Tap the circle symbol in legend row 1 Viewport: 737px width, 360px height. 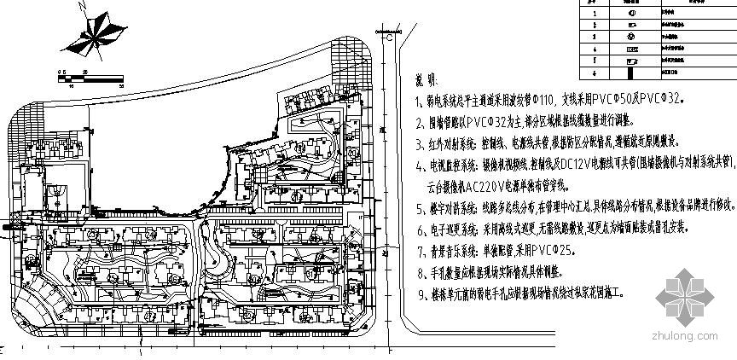click(630, 13)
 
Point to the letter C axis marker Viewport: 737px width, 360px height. click(389, 38)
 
